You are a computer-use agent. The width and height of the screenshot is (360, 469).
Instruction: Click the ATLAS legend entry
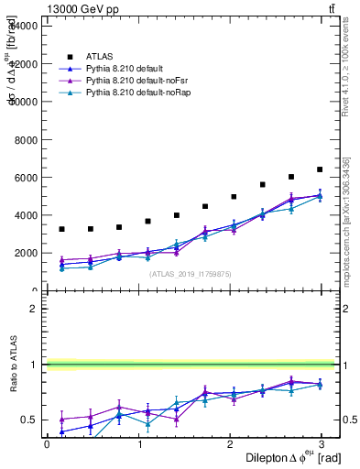point(99,57)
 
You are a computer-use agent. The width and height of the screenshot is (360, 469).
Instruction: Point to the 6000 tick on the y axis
point(26,177)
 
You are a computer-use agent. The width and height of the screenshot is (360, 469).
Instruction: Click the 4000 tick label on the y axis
point(26,215)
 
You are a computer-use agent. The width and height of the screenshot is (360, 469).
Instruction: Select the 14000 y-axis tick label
point(24,26)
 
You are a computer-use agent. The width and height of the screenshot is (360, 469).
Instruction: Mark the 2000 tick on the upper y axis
point(26,253)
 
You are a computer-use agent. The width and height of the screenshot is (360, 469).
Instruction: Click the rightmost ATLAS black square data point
point(320,169)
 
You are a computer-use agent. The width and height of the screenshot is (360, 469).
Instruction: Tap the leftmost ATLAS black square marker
point(61,229)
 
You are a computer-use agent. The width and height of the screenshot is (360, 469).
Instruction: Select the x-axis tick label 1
point(140,443)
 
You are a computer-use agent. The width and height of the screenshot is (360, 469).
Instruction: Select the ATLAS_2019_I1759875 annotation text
point(190,273)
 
